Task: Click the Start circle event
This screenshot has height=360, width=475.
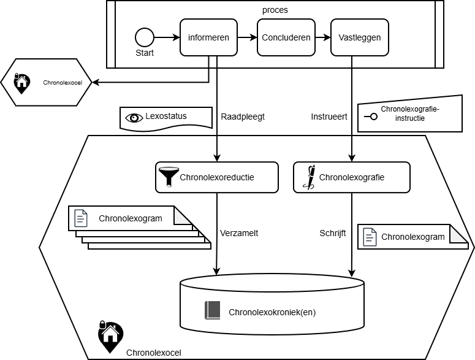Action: click(145, 37)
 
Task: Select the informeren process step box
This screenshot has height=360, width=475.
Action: click(208, 37)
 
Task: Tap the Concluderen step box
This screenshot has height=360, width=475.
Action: click(286, 37)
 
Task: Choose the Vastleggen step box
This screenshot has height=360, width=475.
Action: click(359, 37)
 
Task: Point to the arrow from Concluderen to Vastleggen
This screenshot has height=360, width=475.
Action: click(322, 37)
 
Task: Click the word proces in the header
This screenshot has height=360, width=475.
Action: click(275, 10)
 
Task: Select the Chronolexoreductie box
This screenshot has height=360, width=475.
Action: click(217, 177)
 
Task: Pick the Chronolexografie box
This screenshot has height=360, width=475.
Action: click(351, 177)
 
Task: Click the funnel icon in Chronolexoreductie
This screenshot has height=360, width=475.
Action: click(167, 177)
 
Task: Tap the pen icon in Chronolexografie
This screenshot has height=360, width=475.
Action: click(310, 177)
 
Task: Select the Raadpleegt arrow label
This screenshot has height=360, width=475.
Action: click(242, 116)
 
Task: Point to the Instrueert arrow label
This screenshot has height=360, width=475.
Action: click(329, 116)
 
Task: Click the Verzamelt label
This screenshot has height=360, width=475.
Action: click(240, 233)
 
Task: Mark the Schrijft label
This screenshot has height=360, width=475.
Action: click(333, 233)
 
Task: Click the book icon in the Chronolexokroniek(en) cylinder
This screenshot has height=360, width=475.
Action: click(212, 311)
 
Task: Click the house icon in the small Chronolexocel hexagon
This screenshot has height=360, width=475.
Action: click(21, 82)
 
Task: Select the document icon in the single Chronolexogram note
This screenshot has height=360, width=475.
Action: click(370, 237)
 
